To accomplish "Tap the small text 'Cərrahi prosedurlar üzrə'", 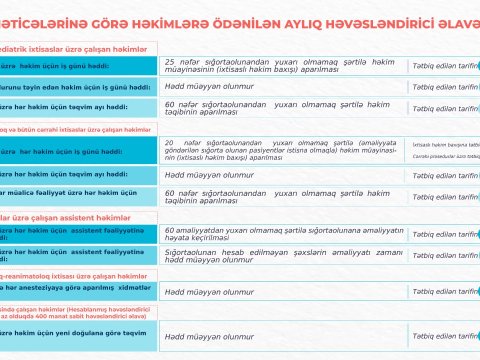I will coord(445,157).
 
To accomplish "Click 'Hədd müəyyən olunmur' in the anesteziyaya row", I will coord(209,291).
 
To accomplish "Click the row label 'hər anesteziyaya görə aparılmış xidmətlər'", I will coord(75,290).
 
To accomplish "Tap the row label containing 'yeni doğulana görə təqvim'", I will coord(75,332).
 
